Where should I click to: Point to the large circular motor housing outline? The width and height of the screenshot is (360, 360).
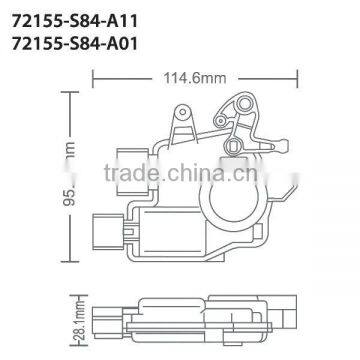tap(238, 200)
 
